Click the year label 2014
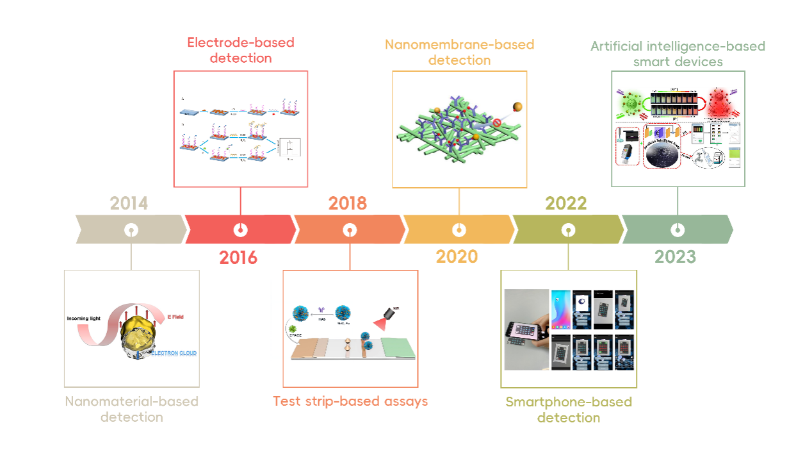coord(129,203)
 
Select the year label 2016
coord(238,258)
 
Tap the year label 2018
coord(348,203)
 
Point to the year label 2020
coord(457,256)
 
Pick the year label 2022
coord(566,203)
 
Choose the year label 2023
coord(675,256)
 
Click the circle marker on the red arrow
coord(240,229)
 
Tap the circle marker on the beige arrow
coord(131,229)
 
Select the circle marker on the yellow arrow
coord(459,229)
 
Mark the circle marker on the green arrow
coord(677,229)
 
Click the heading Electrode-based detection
coord(240,50)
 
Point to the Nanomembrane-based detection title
coord(459,53)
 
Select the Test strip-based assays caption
coord(350,401)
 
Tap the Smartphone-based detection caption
coord(569,410)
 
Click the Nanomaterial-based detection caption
coord(131,409)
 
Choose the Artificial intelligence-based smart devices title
coord(678,54)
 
